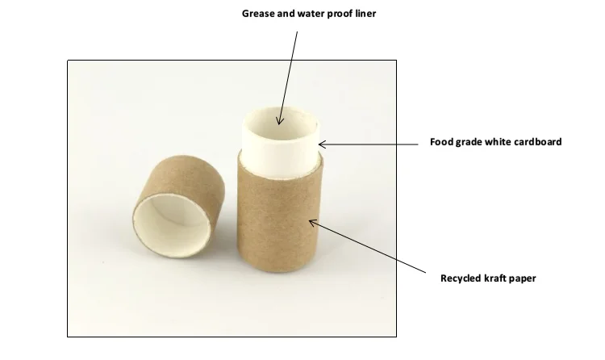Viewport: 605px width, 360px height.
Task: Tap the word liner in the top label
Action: click(363, 14)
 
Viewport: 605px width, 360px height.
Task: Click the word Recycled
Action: click(462, 278)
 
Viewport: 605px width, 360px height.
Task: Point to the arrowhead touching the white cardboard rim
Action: click(321, 144)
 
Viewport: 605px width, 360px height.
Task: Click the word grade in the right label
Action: click(467, 141)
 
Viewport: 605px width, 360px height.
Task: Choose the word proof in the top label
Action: click(340, 14)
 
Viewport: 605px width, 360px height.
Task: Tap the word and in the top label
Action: click(286, 14)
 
